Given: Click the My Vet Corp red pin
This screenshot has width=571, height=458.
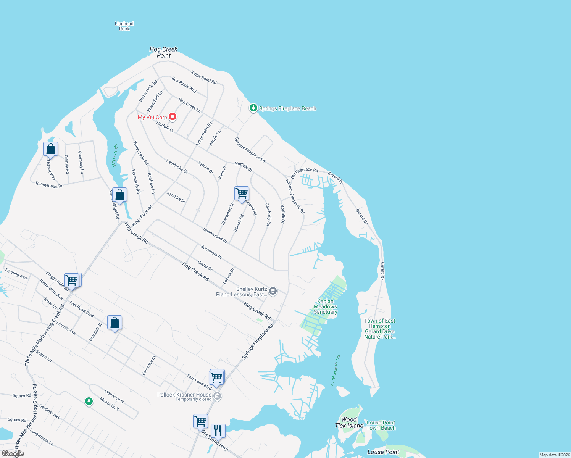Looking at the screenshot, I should click(173, 116).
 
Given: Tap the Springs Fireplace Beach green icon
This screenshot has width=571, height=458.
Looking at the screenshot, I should click(253, 108).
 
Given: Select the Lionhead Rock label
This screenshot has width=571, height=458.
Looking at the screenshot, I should click(124, 26).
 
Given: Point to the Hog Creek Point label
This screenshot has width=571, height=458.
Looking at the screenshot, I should click(163, 52).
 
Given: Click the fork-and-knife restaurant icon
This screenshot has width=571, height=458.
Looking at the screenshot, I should click(218, 431).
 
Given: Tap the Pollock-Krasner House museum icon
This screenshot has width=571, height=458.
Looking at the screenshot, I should click(217, 396).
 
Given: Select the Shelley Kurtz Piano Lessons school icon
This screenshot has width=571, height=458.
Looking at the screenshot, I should click(273, 292).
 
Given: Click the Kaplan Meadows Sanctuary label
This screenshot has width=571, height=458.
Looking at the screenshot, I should click(326, 306).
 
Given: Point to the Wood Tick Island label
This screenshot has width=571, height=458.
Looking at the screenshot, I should click(349, 423).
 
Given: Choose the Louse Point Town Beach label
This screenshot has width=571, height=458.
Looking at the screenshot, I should click(381, 425).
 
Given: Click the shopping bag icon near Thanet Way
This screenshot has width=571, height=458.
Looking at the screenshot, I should click(50, 149).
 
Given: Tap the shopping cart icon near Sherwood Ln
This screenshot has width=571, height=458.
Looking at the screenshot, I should click(242, 194).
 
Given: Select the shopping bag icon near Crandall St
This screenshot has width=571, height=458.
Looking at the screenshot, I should click(115, 323).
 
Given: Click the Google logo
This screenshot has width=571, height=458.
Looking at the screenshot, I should click(13, 453).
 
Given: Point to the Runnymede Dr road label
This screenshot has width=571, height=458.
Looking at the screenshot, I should click(49, 185).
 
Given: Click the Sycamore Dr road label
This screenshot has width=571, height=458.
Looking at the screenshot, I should click(211, 252).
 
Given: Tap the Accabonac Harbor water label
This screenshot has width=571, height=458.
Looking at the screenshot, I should click(335, 370).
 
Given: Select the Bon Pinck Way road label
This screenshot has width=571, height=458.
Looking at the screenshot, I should click(184, 85).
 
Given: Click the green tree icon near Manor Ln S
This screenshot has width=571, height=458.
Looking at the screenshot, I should click(89, 401).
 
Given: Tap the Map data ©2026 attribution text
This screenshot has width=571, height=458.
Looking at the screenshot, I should click(554, 455).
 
